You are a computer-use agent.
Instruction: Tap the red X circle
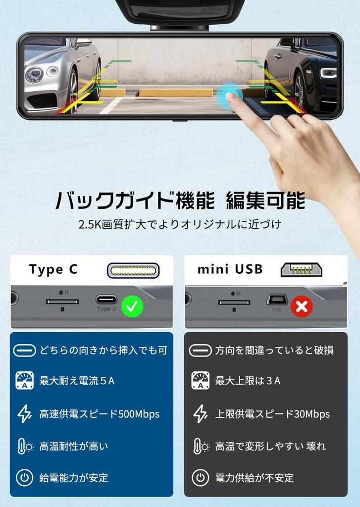tap(302, 307)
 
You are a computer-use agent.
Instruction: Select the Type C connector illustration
tap(133, 270)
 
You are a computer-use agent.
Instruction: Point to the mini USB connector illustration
tap(301, 270)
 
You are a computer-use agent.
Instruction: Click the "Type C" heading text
tap(53, 270)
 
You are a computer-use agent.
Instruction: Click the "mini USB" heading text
tap(230, 270)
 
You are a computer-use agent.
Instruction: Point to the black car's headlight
tap(328, 73)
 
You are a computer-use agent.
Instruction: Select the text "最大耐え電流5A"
tap(77, 381)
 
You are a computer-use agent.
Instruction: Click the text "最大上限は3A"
tap(248, 381)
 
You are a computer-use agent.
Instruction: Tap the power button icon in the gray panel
tap(200, 478)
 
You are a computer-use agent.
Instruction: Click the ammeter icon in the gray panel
tap(200, 380)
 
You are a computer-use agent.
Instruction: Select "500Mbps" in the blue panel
tap(139, 414)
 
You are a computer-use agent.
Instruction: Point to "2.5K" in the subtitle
tap(89, 224)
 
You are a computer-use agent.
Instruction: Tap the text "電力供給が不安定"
tap(255, 478)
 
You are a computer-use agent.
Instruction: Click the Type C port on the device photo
tap(106, 299)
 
